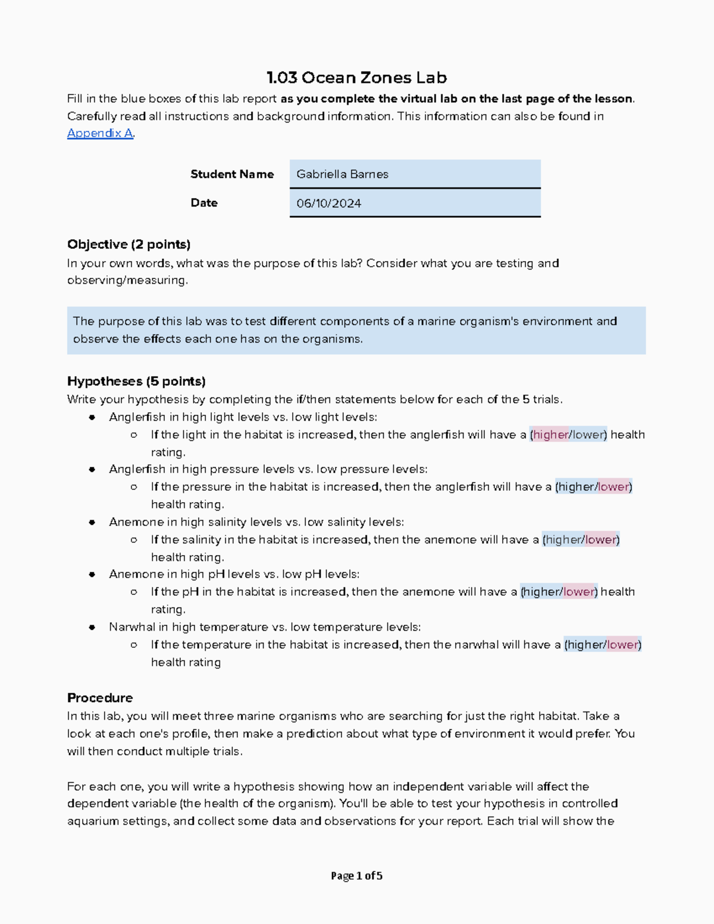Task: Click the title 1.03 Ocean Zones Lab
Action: (356, 78)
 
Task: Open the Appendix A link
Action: (100, 133)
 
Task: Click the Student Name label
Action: (232, 174)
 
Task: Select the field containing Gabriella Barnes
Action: (415, 174)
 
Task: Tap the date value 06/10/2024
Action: (329, 203)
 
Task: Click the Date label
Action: (204, 203)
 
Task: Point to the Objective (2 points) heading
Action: (129, 245)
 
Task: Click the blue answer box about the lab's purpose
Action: (356, 330)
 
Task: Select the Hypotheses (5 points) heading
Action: (136, 381)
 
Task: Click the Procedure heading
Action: (100, 698)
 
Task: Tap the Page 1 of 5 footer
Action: (356, 876)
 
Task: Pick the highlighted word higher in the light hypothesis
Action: (550, 435)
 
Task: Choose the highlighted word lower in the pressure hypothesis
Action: (613, 487)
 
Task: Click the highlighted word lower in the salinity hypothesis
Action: (601, 540)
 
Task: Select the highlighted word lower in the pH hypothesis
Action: (579, 592)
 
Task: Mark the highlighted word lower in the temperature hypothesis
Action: (623, 645)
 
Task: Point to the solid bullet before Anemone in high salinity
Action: (92, 522)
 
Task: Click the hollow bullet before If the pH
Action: (134, 592)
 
